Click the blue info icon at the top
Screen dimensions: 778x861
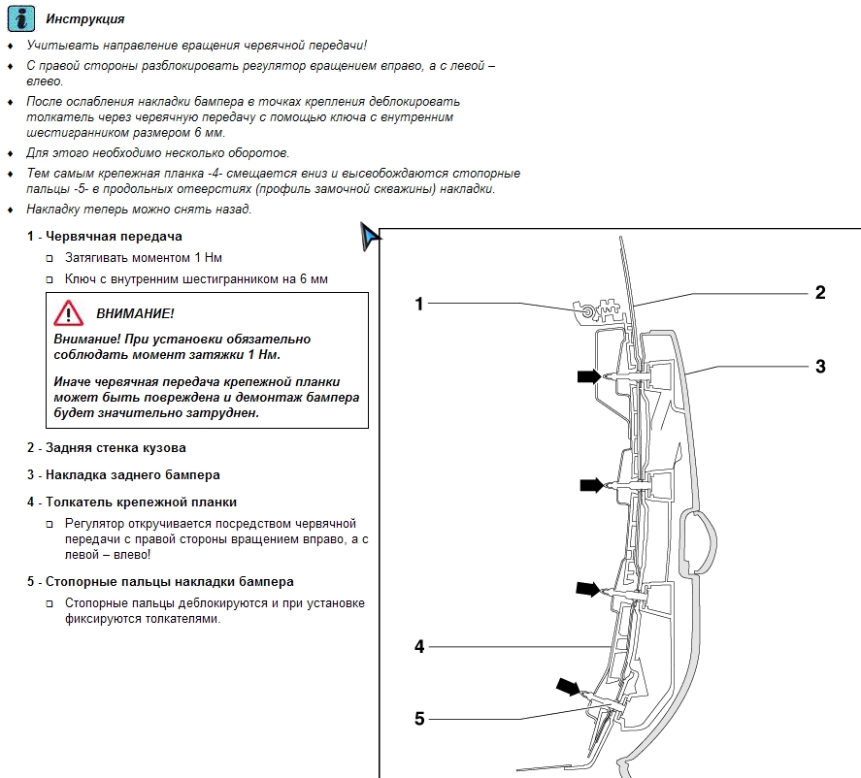click(x=19, y=18)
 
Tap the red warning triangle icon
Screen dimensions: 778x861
click(x=69, y=313)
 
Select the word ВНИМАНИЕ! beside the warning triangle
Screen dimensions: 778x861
click(x=135, y=314)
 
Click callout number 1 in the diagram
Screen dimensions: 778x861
click(x=419, y=304)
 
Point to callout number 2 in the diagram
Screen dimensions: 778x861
click(x=819, y=292)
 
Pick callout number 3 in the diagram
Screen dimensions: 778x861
click(x=819, y=367)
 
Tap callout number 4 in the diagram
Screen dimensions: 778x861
click(x=419, y=646)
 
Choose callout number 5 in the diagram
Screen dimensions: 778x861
click(x=419, y=719)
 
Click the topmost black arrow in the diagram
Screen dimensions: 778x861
click(x=588, y=376)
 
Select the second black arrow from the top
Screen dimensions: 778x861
click(x=590, y=484)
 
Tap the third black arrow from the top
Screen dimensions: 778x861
click(x=588, y=588)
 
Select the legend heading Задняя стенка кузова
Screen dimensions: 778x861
click(x=116, y=448)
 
